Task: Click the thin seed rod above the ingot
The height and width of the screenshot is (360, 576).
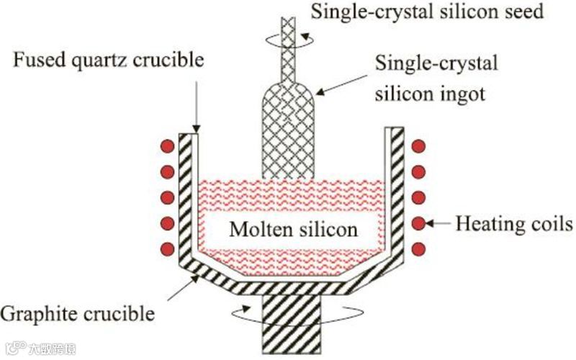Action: tap(291, 50)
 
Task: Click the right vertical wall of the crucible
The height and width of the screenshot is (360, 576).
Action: tap(394, 191)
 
